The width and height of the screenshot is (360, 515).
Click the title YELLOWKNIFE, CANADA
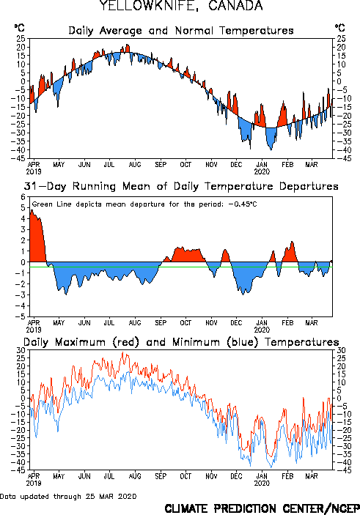click(181, 6)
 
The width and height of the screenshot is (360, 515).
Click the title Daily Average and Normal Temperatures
click(181, 31)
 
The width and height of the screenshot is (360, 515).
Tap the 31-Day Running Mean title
click(181, 186)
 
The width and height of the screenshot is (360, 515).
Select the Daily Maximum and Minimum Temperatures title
click(181, 342)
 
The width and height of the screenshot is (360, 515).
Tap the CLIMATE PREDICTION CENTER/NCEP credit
click(262, 508)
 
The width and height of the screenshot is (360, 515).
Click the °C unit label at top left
click(19, 28)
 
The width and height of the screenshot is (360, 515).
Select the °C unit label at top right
click(340, 28)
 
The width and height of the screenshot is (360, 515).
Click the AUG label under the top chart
click(135, 164)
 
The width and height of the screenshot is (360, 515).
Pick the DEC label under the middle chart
click(236, 322)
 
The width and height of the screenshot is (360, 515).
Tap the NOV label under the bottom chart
click(211, 476)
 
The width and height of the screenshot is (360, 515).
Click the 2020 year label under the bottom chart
click(262, 483)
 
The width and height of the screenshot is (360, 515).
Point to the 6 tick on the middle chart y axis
click(23, 197)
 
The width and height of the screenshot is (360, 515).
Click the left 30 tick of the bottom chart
click(21, 350)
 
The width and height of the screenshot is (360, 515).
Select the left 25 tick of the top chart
click(21, 39)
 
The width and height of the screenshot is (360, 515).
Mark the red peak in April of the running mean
click(32, 210)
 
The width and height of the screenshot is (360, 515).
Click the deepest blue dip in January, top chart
click(271, 149)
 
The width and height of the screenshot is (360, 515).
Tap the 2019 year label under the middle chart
click(34, 330)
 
